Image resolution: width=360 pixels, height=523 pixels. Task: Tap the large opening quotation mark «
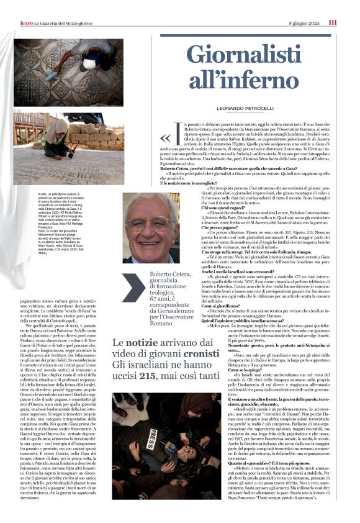[x=164, y=138]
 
